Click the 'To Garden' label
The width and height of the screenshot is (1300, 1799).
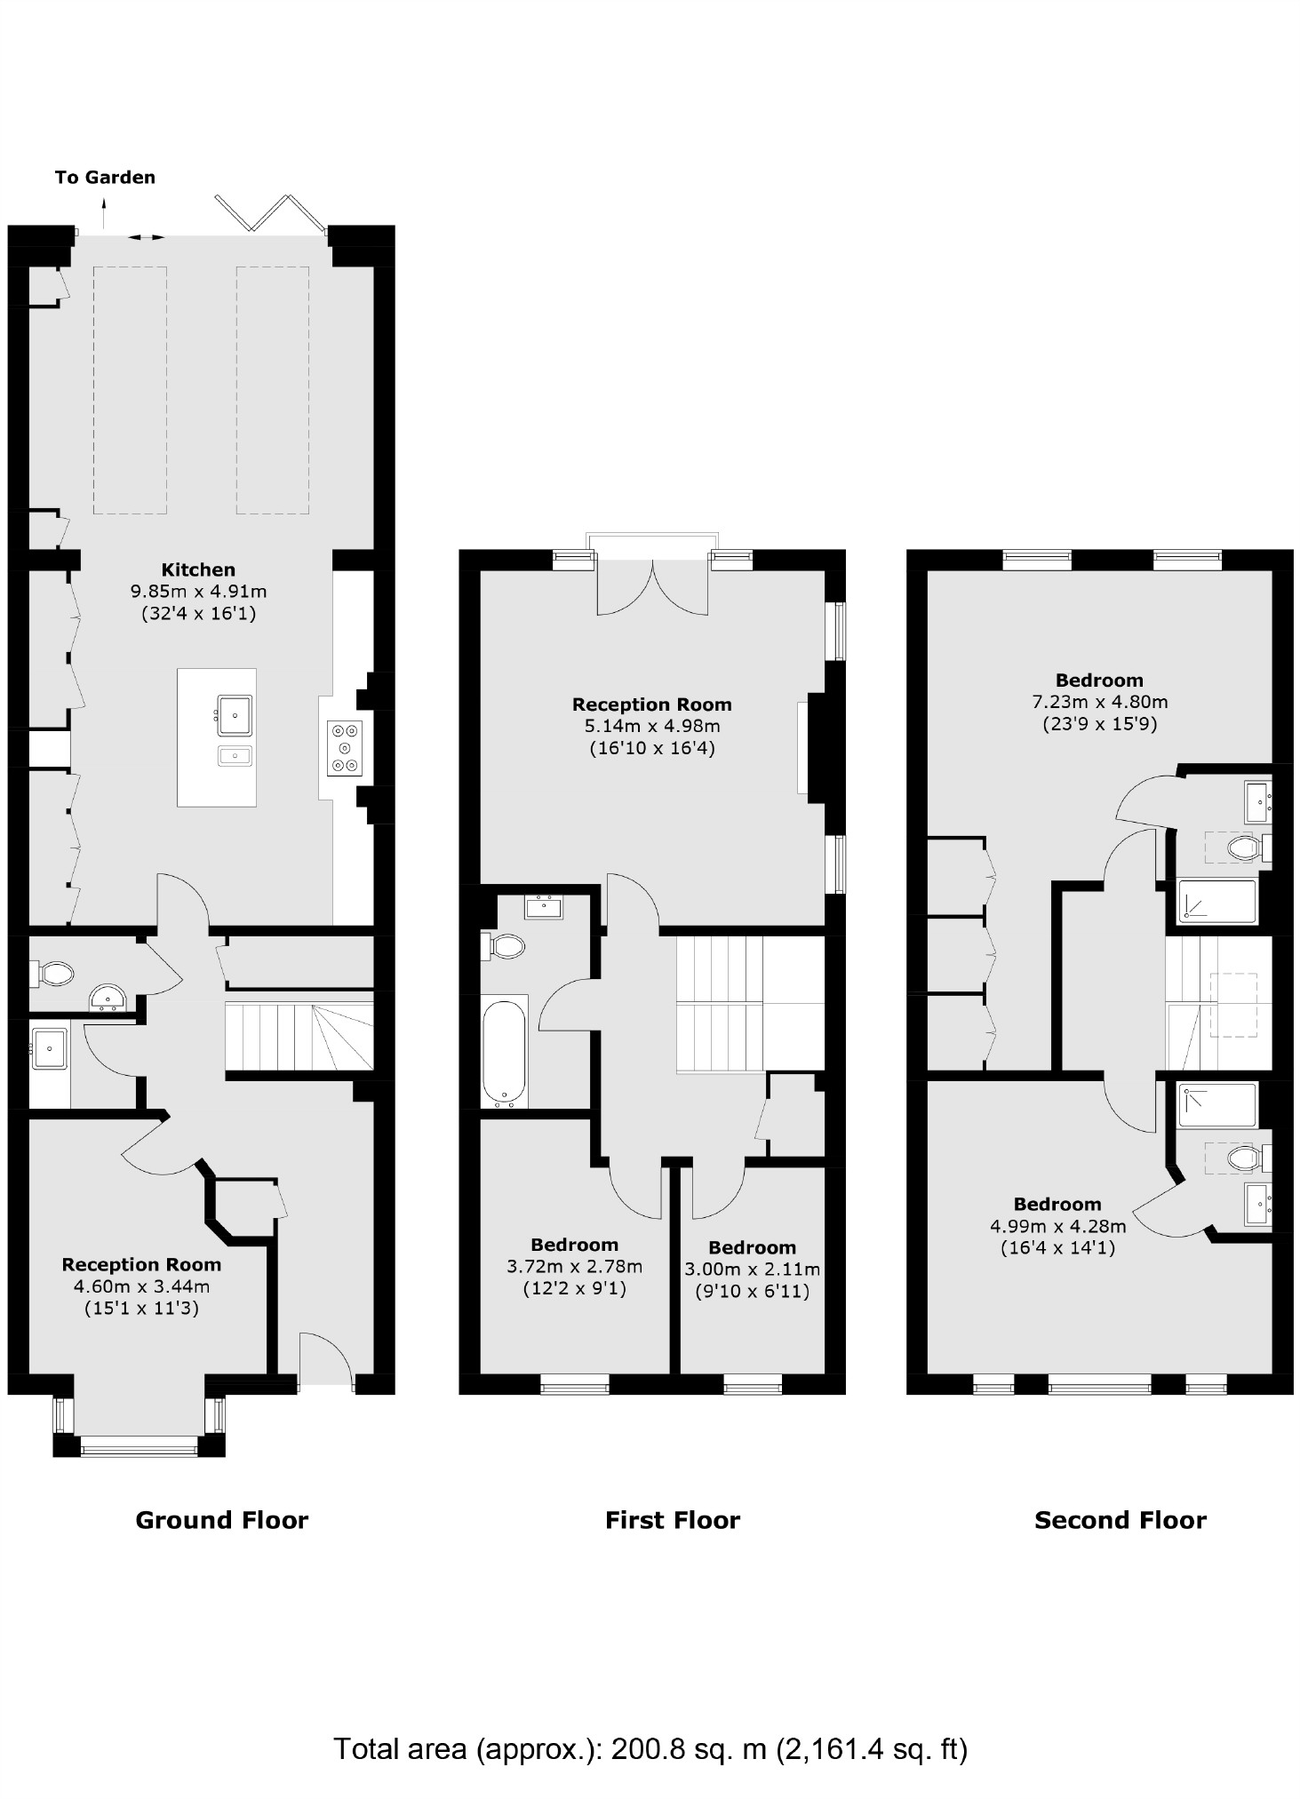click(x=105, y=177)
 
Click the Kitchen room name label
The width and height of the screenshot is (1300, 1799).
click(x=198, y=569)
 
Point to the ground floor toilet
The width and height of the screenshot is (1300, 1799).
click(x=53, y=974)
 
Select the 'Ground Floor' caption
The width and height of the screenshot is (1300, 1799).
click(x=221, y=1520)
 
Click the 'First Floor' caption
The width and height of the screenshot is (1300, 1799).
click(x=672, y=1520)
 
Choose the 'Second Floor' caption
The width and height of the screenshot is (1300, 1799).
click(x=1120, y=1520)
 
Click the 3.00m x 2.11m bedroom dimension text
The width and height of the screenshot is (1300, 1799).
click(x=752, y=1270)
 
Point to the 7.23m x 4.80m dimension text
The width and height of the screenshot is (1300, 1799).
click(x=1099, y=702)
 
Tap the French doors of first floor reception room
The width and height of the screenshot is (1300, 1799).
click(x=652, y=586)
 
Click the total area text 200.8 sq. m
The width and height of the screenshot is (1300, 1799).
click(x=650, y=1748)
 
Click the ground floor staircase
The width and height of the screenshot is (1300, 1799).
click(x=299, y=1037)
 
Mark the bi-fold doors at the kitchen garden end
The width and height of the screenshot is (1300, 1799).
click(x=267, y=216)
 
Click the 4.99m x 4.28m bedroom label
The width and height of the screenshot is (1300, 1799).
click(x=1057, y=1226)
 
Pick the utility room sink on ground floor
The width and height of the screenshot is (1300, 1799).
click(x=49, y=1048)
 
